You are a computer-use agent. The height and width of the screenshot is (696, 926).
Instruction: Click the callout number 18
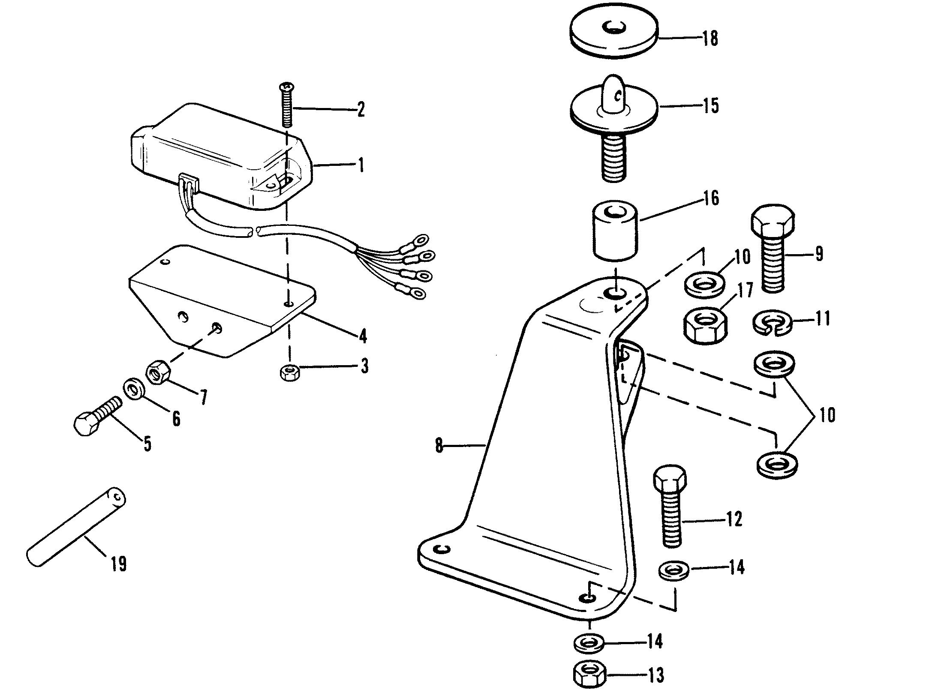point(710,39)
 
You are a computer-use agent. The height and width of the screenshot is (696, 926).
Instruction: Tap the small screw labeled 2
point(287,105)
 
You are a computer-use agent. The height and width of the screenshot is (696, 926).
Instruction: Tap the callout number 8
point(439,446)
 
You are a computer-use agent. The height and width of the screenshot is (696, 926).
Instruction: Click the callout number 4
point(363,336)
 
